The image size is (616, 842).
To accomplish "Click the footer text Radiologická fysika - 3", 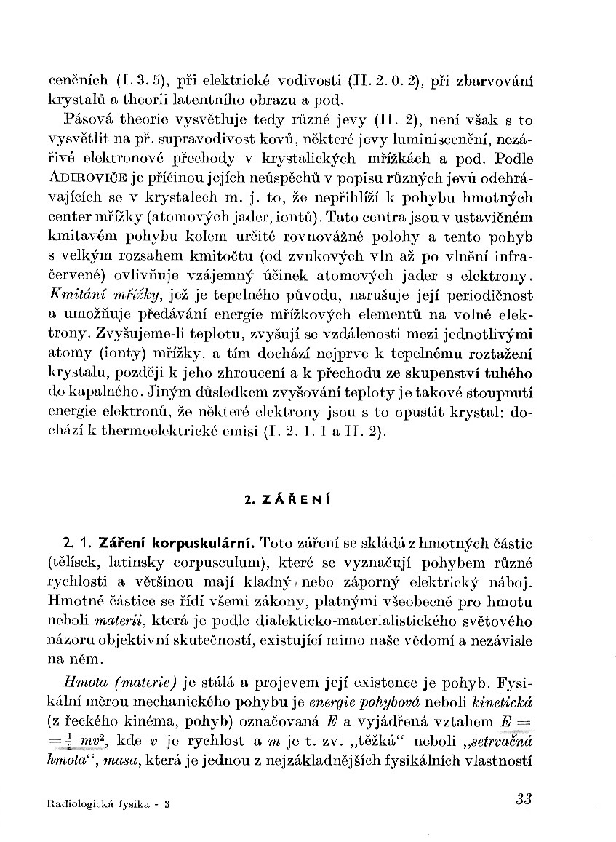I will pyautogui.click(x=109, y=804).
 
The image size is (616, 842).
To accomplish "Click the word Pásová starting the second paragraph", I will pyautogui.click(x=88, y=119).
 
